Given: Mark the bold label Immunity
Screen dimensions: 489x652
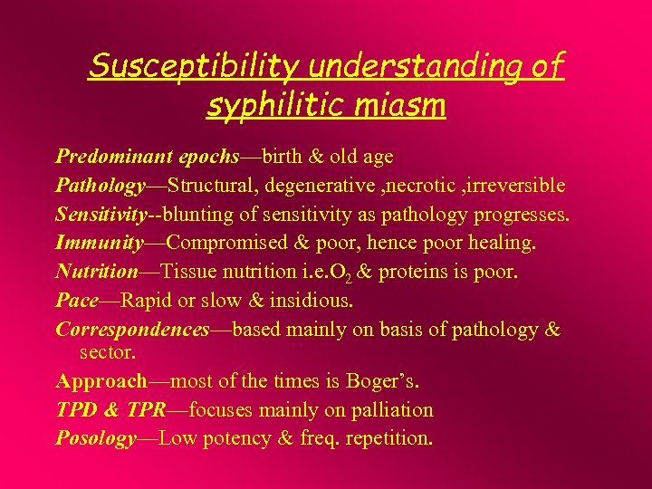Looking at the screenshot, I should point(99,243).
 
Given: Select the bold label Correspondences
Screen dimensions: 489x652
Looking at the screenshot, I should point(132,330).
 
